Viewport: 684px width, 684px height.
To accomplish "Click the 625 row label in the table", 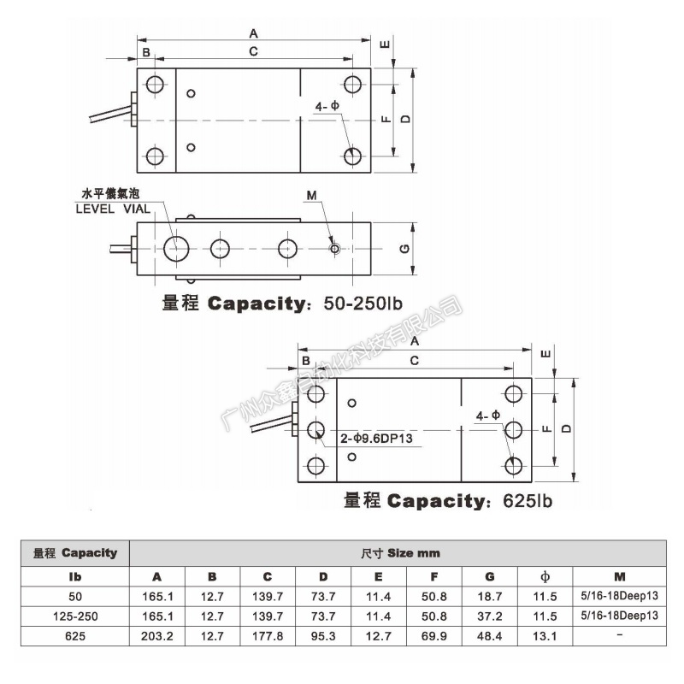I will point(74,635).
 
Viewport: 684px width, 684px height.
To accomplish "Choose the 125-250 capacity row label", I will point(74,616).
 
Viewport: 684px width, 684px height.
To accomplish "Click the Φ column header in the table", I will point(545,576).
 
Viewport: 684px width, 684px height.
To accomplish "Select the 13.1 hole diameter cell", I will point(545,635).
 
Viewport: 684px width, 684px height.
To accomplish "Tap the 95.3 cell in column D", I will point(323,635).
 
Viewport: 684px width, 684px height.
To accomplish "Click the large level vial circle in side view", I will point(177,248).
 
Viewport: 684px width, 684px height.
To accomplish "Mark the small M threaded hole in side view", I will point(334,249).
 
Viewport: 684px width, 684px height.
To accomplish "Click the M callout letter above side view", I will point(311,196).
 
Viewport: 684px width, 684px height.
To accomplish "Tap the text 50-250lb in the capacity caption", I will point(363,304).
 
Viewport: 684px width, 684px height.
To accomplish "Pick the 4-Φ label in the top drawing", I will point(327,107).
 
